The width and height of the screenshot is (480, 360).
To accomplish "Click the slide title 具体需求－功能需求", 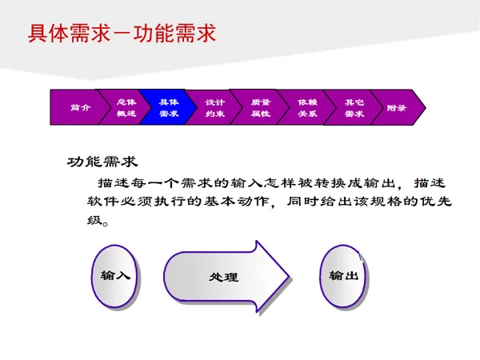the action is click(x=122, y=34).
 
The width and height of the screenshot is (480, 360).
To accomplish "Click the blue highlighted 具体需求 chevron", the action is click(x=169, y=107).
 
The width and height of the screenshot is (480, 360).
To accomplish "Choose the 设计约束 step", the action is click(x=214, y=107).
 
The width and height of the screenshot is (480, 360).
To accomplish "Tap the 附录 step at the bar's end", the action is click(x=397, y=107).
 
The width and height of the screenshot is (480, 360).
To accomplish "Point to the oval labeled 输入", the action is click(x=115, y=275).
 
